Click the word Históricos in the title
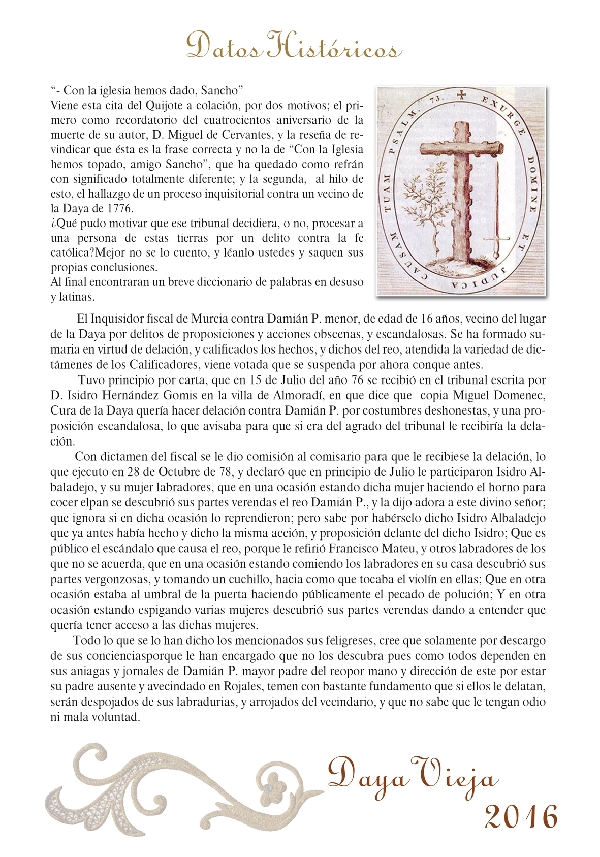point(334,48)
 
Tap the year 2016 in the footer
point(521,817)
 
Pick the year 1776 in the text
point(120,208)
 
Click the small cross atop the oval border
point(461,94)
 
